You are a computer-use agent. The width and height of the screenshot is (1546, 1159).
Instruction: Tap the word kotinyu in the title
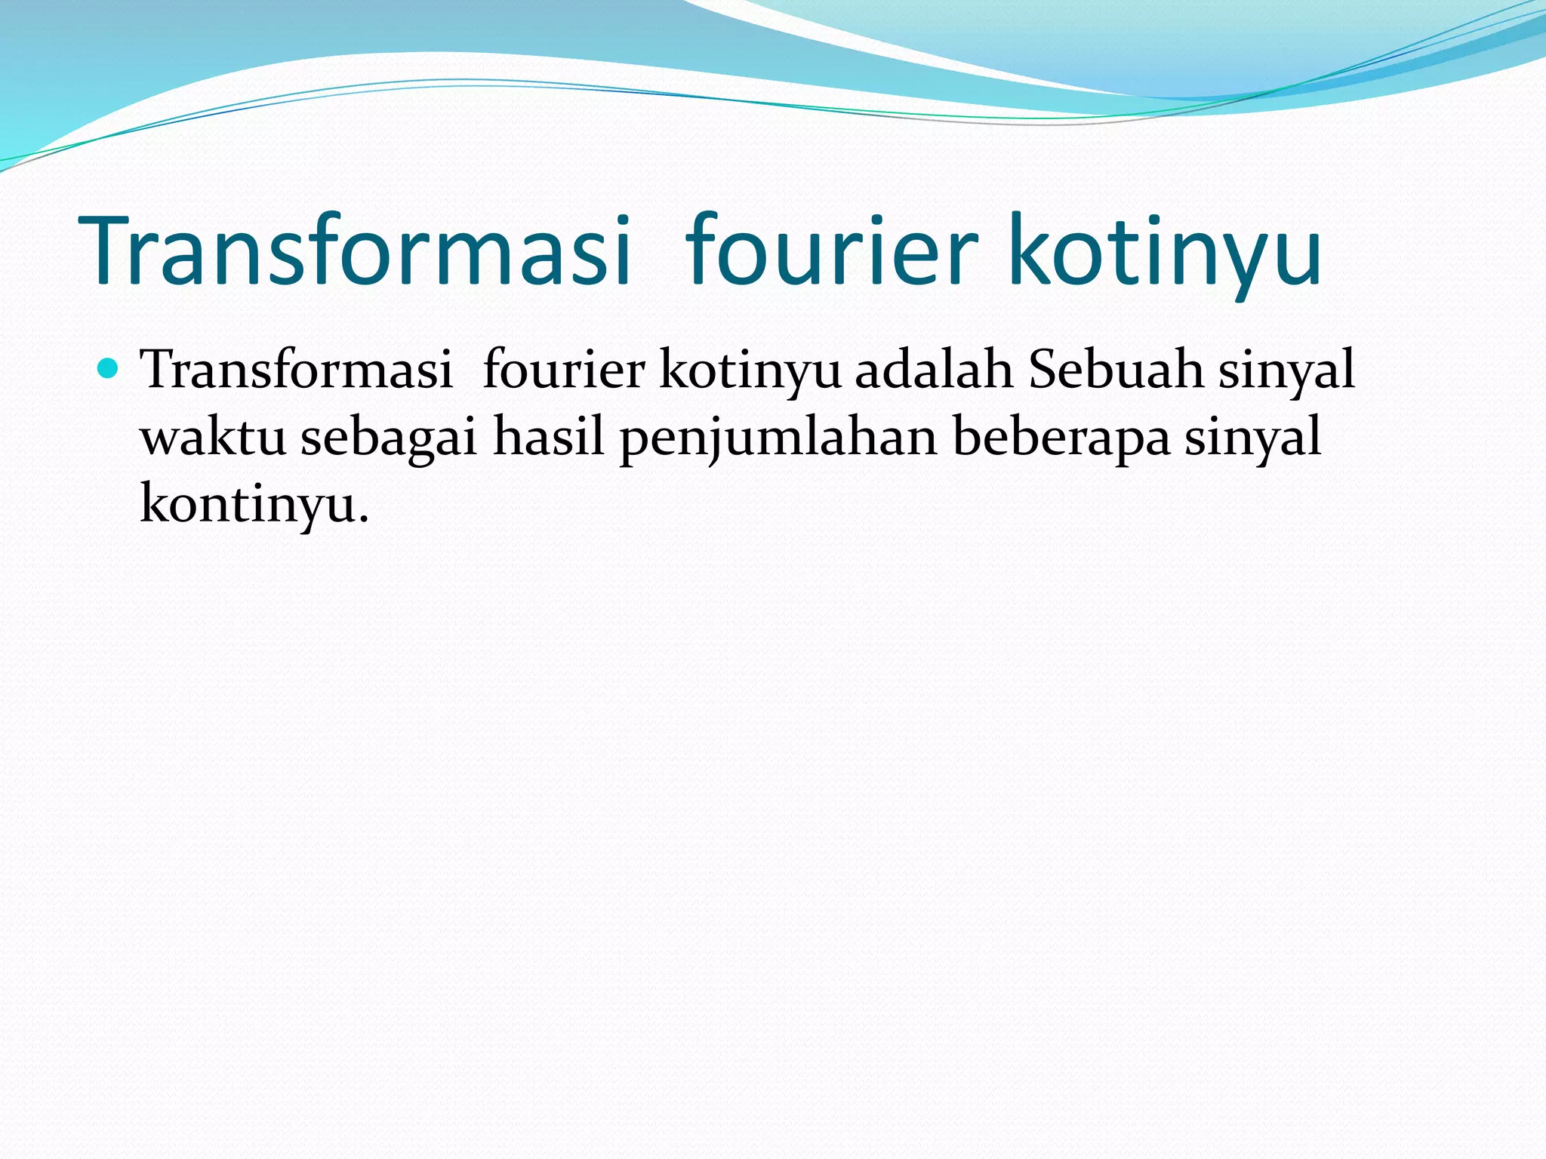(x=1164, y=251)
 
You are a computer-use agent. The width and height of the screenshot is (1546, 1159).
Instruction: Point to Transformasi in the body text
(x=297, y=370)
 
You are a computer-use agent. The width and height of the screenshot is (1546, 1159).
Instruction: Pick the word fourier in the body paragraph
(x=563, y=370)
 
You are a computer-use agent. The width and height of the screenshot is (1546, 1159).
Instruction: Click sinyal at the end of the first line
(x=1287, y=370)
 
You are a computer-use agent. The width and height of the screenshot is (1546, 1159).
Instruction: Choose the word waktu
(x=214, y=438)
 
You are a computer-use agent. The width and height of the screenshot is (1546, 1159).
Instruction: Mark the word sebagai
(x=390, y=438)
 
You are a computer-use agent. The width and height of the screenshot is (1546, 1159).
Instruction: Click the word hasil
(x=549, y=438)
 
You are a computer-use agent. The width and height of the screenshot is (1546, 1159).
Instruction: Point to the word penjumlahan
(x=778, y=438)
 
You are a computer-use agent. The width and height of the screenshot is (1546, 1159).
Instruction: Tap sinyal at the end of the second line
(x=1253, y=438)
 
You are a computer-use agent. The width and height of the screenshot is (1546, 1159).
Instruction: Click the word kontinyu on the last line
(x=248, y=504)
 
